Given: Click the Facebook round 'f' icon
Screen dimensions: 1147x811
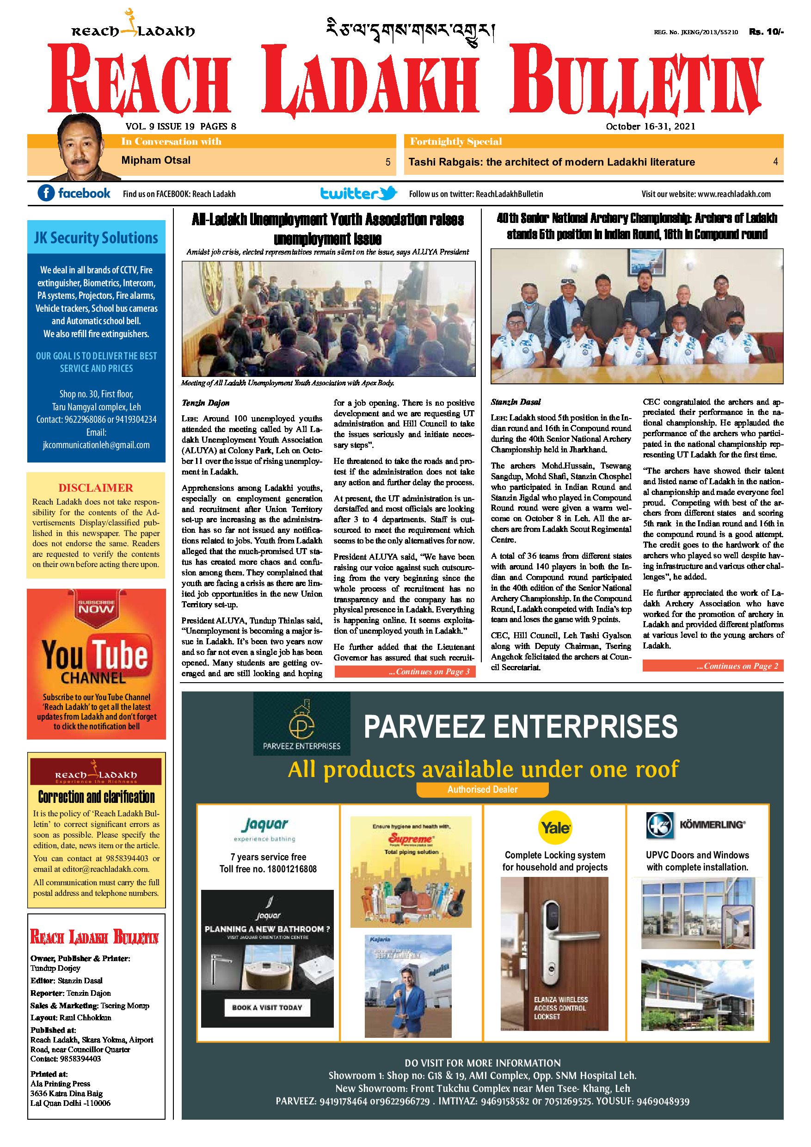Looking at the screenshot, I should click(46, 193).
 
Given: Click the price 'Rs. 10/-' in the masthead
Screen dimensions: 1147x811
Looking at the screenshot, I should click(766, 32).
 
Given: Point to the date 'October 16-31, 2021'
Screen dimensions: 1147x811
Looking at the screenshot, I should click(650, 126).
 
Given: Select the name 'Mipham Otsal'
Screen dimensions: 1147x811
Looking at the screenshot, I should click(156, 160).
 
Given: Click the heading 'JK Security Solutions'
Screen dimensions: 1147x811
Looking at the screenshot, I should click(96, 238).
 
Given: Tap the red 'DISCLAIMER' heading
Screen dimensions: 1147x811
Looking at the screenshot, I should click(96, 487).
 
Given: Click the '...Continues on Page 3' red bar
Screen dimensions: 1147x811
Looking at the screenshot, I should click(405, 672).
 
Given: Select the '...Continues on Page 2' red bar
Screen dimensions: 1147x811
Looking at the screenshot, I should click(713, 666).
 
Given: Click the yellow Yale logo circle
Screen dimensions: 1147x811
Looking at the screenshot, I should click(555, 828).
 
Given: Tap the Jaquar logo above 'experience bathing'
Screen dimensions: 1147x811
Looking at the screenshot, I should click(264, 824).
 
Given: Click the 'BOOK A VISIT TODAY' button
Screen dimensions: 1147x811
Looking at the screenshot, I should click(267, 1007).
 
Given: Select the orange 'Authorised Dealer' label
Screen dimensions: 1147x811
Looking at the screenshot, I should click(482, 789).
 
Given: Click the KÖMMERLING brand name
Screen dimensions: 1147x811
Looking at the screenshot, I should click(712, 825).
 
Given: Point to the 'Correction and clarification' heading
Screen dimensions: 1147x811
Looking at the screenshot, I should click(96, 796).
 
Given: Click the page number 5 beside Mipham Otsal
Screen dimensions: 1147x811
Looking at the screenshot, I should click(387, 162).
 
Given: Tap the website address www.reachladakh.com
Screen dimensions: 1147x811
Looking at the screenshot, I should click(734, 194).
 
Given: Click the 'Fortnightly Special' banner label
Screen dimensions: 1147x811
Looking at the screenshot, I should click(456, 142).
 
